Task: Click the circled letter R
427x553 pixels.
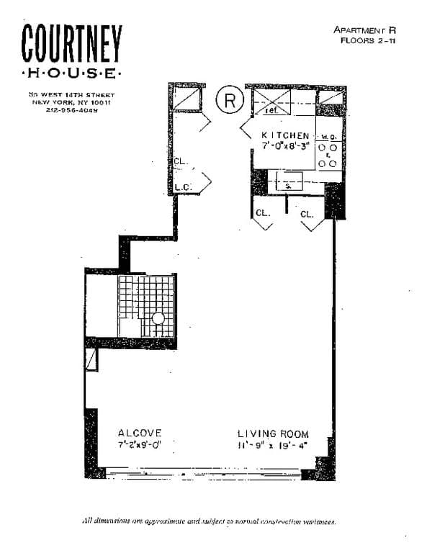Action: (230, 99)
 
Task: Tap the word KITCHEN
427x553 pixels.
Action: (285, 135)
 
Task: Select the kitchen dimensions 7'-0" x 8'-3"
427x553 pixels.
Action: (286, 145)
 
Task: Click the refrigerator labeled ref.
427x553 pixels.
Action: (271, 111)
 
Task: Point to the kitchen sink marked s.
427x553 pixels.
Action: (288, 185)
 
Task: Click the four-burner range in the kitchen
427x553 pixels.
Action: (328, 154)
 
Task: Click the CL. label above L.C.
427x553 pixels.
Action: (181, 161)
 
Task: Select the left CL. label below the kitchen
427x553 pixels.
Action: (262, 213)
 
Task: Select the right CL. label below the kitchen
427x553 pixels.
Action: (307, 214)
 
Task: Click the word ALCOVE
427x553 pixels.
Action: (140, 433)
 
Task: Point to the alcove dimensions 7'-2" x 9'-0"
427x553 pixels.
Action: (140, 444)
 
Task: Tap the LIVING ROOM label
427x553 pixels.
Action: (273, 433)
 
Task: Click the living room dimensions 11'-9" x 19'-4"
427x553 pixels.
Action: (273, 445)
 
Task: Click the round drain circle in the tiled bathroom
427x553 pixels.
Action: (158, 318)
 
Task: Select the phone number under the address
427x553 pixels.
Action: (71, 109)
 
